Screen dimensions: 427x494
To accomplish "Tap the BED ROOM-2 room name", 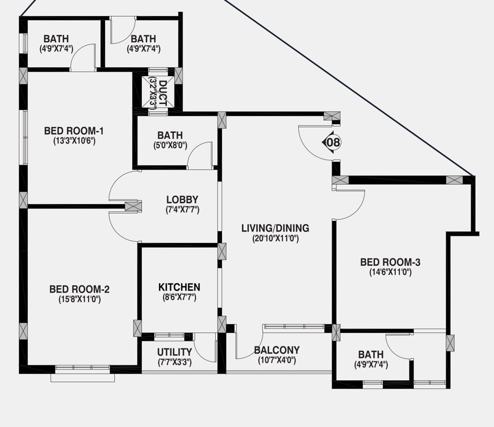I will pos(80,289).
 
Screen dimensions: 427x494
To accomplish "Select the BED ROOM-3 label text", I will pos(390,262).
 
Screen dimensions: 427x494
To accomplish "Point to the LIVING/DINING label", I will pos(275,228).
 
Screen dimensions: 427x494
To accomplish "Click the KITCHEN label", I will pos(179,287).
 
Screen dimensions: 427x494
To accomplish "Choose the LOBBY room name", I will pos(182,200).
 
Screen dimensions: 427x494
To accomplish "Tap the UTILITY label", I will pos(175,352).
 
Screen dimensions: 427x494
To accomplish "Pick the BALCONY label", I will pos(276,350).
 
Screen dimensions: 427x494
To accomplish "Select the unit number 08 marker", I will pos(333,142).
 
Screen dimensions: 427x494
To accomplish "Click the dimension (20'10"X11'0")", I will pos(275,239).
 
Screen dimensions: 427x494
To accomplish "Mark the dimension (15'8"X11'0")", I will pos(80,299).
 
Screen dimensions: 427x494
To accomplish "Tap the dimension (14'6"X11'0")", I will pos(390,272).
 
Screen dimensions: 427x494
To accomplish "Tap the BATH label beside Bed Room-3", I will pos(370,355).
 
